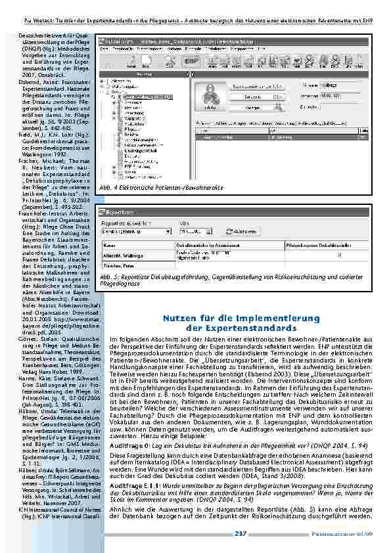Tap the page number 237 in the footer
[x=241, y=533]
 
